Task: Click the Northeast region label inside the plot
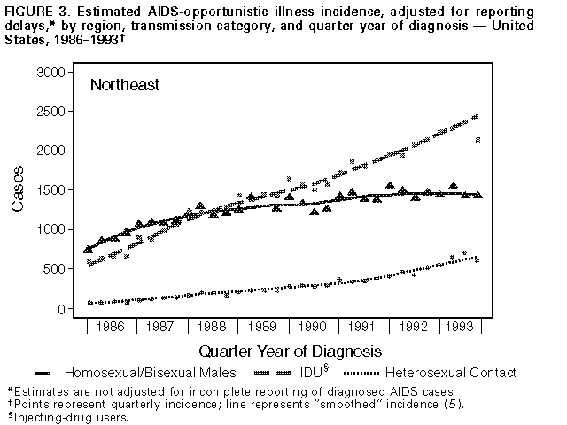(x=124, y=86)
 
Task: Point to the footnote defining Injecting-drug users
(x=66, y=418)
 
